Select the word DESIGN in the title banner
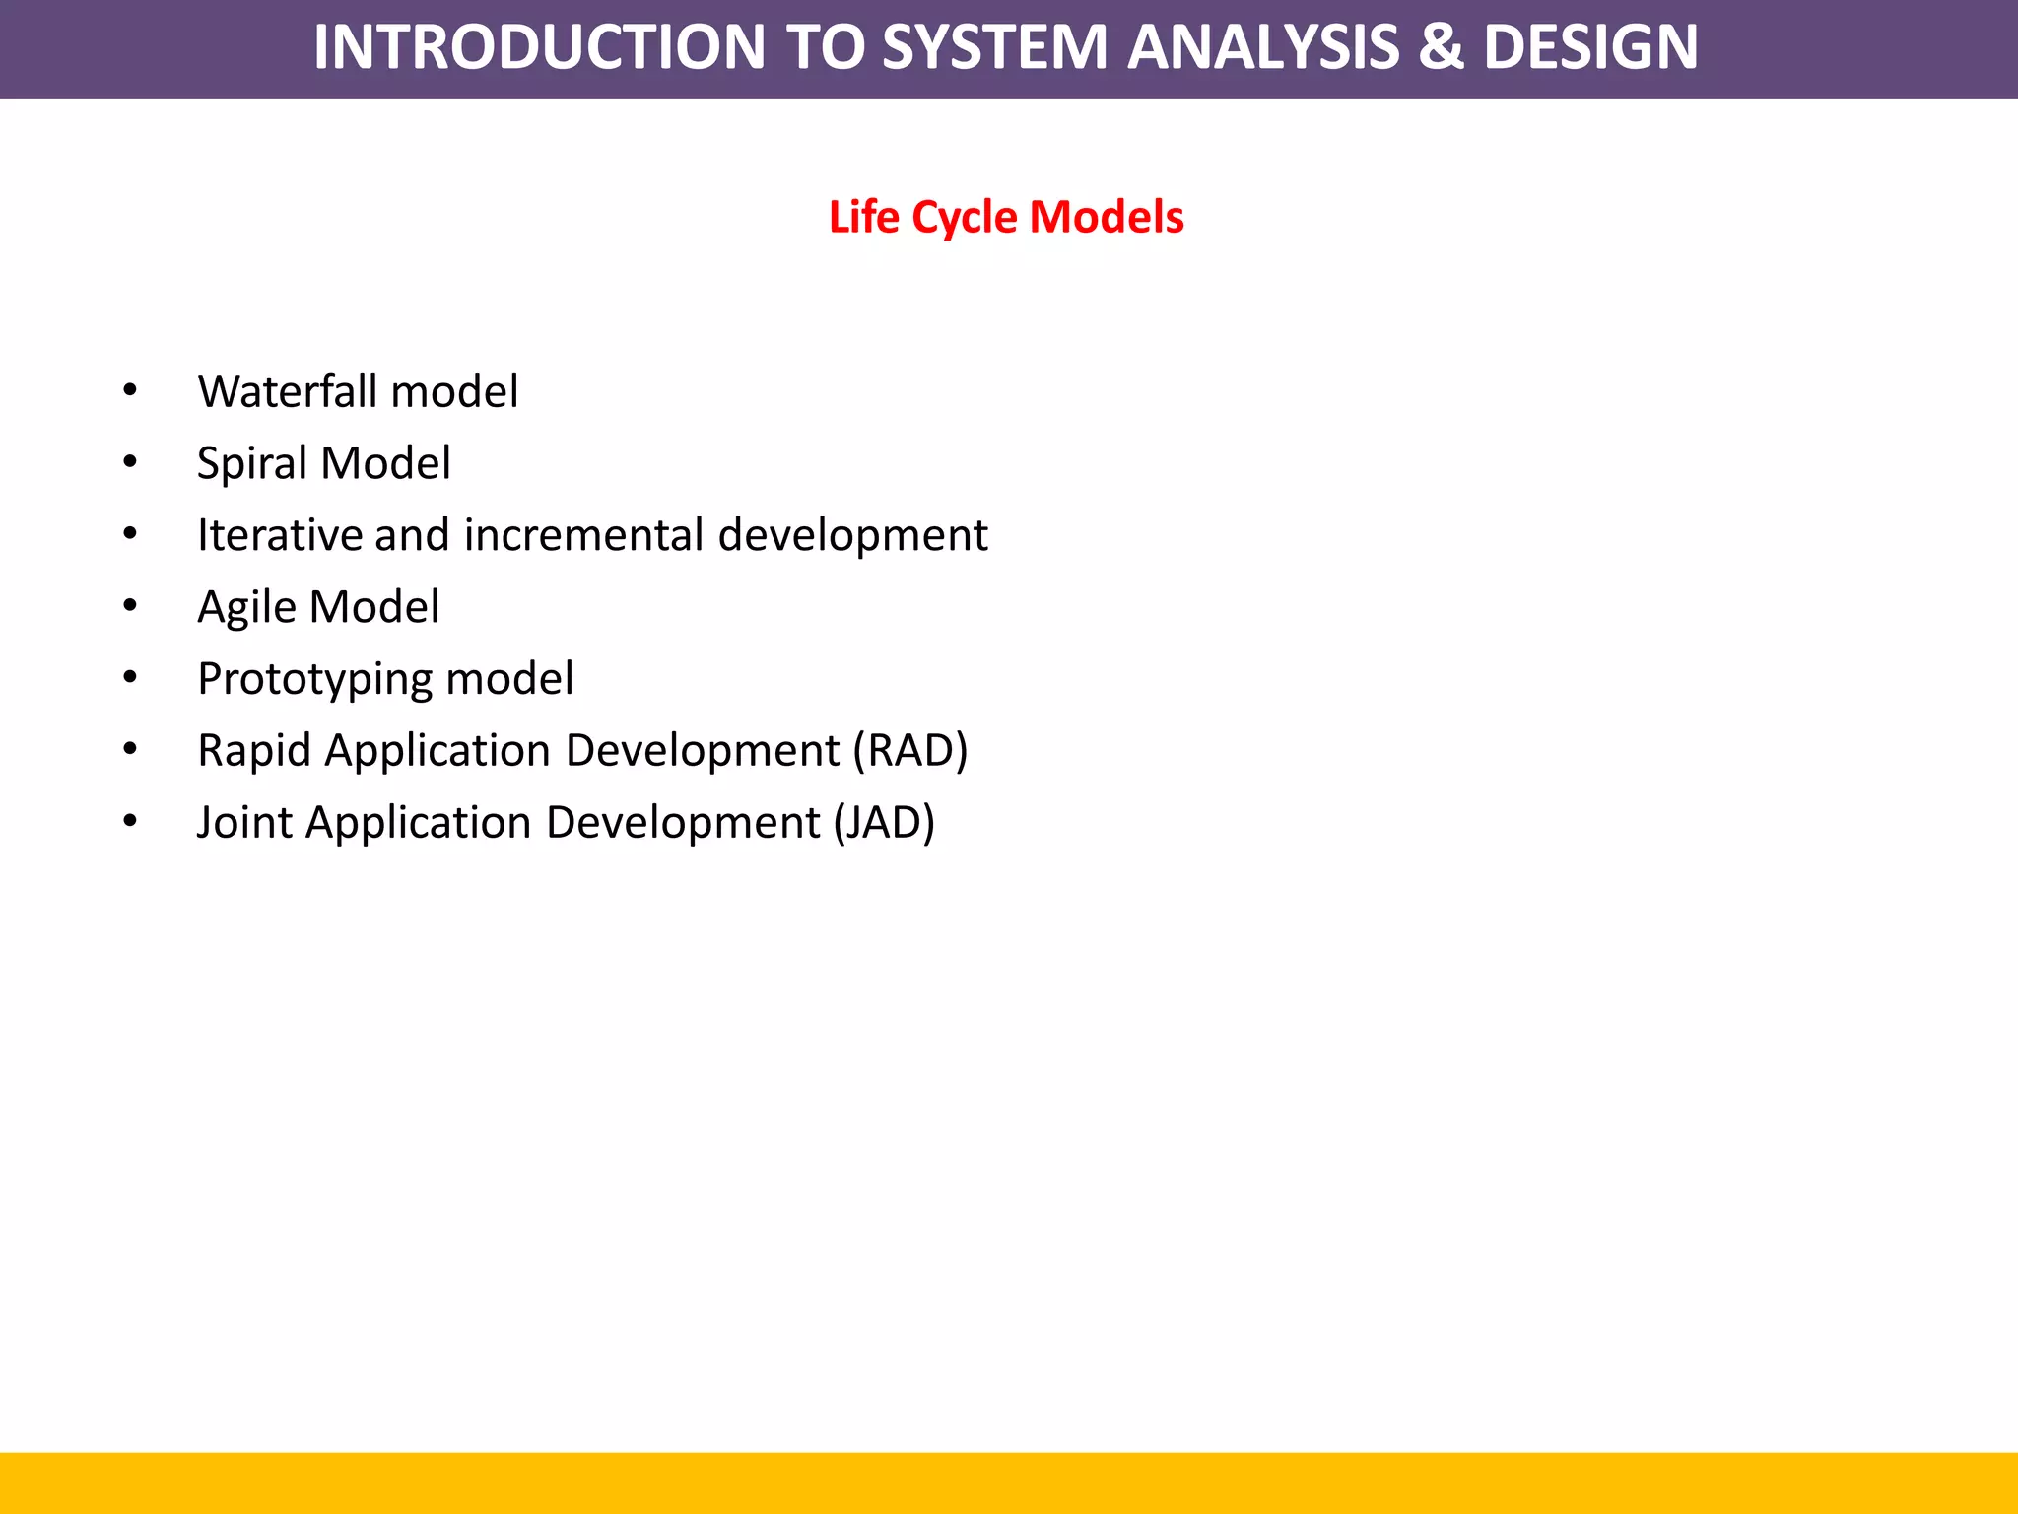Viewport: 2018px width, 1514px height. click(1590, 47)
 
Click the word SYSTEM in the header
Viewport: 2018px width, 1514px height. click(995, 47)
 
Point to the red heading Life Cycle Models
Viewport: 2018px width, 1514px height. click(1006, 217)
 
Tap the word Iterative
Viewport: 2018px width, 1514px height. click(279, 535)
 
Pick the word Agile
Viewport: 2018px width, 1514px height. click(245, 607)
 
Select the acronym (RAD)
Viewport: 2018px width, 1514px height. click(910, 751)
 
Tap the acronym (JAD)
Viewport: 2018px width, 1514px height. click(884, 823)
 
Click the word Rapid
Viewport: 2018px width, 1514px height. click(254, 751)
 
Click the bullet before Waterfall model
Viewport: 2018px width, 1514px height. click(130, 391)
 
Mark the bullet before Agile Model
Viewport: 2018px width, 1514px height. click(130, 607)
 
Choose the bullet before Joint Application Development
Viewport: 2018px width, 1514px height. click(130, 822)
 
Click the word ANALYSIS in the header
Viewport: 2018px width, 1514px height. click(1262, 47)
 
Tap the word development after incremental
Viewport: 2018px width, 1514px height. click(852, 535)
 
